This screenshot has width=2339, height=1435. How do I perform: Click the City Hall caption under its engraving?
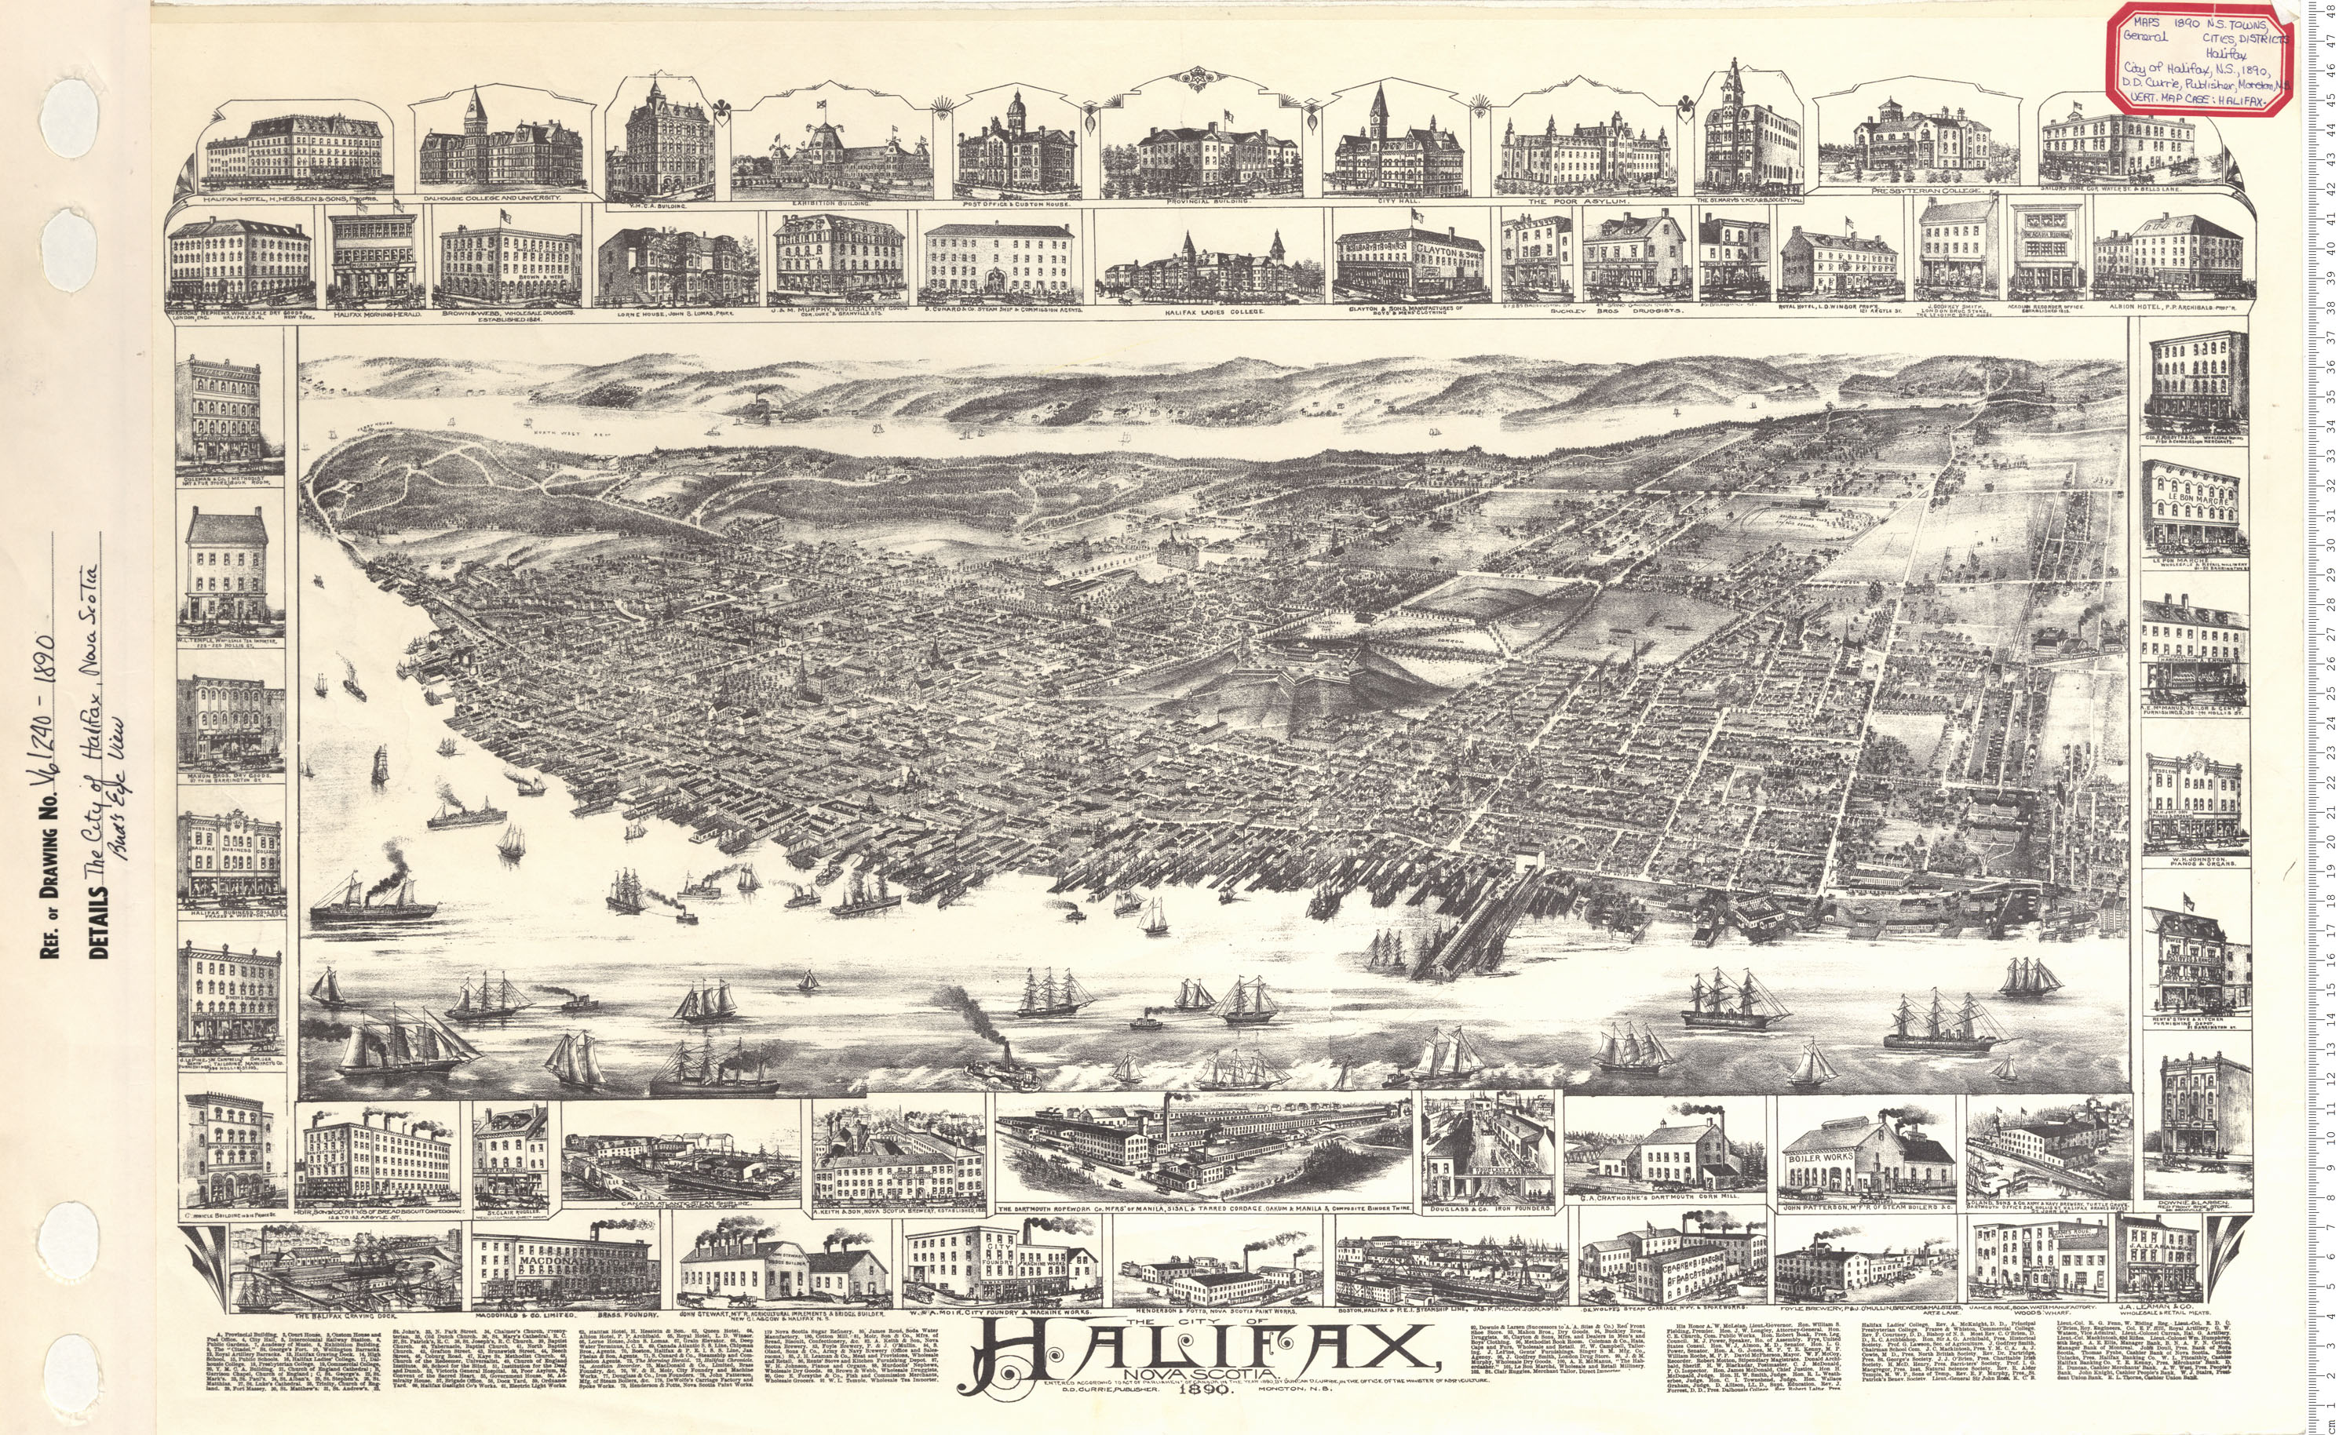click(1395, 201)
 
